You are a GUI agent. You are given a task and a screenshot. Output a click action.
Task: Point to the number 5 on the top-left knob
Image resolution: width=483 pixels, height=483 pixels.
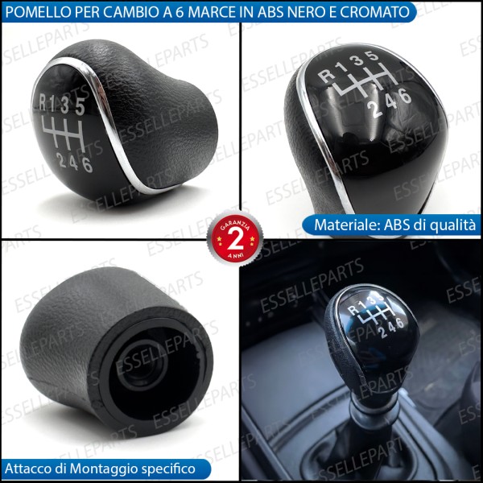80,105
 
